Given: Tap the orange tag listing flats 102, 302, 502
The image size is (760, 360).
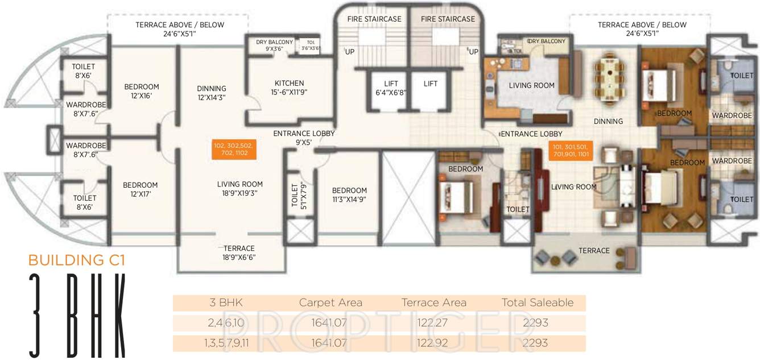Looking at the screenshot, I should click(x=233, y=149).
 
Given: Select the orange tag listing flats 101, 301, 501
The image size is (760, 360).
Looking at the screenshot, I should click(x=571, y=150).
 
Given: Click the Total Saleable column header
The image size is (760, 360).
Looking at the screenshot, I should click(x=538, y=303).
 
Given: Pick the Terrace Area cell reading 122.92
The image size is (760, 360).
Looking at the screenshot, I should click(x=434, y=343).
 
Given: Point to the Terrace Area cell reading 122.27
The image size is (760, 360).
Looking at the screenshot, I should click(x=434, y=323).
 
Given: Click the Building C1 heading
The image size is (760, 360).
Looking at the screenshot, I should click(x=77, y=260).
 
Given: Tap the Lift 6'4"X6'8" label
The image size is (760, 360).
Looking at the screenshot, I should click(x=390, y=88).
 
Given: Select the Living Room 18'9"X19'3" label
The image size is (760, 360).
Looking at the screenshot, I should click(x=239, y=188).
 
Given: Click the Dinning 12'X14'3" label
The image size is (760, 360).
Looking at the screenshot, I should click(x=212, y=92).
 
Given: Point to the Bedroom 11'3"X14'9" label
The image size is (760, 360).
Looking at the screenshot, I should click(x=349, y=195).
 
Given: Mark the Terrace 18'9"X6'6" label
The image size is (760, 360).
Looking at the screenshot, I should click(x=239, y=253).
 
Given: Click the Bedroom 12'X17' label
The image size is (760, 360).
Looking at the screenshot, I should click(x=140, y=189).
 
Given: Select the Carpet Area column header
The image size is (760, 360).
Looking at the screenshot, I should click(x=331, y=303).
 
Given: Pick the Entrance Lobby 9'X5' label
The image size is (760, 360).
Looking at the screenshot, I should click(x=304, y=138).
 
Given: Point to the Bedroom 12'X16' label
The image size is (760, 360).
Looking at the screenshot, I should click(x=142, y=91).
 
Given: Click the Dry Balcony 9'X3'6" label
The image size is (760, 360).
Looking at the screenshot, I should click(x=274, y=45).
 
